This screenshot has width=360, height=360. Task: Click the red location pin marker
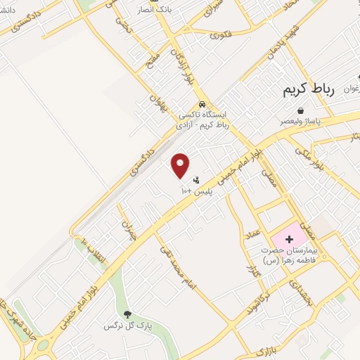pos(181,165)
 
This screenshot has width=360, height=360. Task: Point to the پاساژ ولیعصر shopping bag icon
pos(300,110)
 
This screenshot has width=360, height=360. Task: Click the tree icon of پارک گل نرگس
pos(127,315)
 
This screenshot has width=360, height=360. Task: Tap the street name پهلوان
pos(157,108)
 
